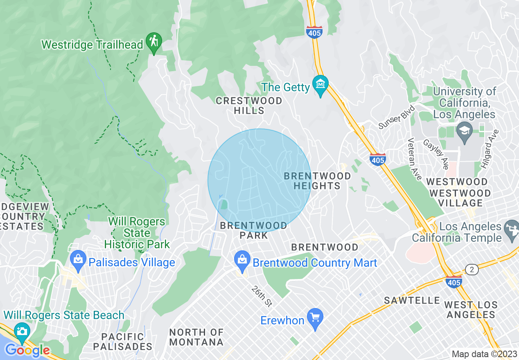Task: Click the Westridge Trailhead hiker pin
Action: click(x=154, y=42)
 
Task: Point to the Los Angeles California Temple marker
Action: click(x=512, y=230)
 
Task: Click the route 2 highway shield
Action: click(x=472, y=270)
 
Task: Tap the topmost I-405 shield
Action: click(x=314, y=32)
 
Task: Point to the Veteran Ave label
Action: click(x=414, y=159)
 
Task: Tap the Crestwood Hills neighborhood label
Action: click(x=249, y=106)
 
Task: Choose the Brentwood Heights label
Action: click(x=317, y=181)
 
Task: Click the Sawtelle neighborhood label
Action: click(x=412, y=301)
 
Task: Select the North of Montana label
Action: click(x=196, y=337)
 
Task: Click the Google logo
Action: click(x=27, y=351)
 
